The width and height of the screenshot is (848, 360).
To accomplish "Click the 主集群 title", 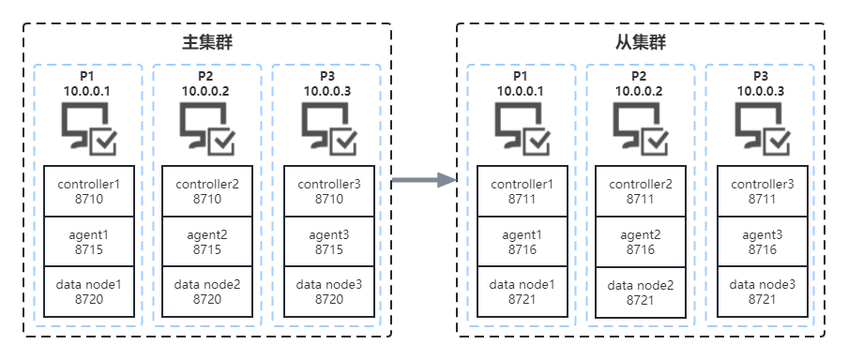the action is tap(207, 43).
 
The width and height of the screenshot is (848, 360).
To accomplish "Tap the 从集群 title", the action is tap(641, 43).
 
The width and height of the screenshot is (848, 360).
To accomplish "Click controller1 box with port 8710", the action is tap(89, 191).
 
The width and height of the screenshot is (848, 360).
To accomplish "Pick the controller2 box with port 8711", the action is tap(641, 191).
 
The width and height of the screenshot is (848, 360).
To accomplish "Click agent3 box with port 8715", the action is tap(329, 241).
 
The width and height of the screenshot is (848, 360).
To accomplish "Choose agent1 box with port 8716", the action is tap(522, 241).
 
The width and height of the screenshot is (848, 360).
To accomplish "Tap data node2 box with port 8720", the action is tap(207, 292).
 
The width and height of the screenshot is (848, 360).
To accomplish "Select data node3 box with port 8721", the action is tap(763, 292).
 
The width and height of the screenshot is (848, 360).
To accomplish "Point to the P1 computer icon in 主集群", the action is tap(88, 128).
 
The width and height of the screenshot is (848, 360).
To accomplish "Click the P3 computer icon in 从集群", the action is tap(762, 128).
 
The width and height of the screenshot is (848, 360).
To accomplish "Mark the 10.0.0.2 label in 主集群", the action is tap(206, 91).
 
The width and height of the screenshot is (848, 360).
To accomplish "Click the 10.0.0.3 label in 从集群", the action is tap(762, 91).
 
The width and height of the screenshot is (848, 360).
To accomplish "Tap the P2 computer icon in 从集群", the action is tap(641, 128).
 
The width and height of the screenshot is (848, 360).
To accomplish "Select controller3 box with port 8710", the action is tap(329, 191).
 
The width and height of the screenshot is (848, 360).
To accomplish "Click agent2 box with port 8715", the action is tap(207, 241).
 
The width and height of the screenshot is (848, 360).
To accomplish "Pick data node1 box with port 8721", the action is tap(522, 292).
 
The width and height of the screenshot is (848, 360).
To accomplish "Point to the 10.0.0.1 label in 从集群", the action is tap(522, 91).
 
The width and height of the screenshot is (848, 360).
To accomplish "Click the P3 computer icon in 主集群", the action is tap(329, 128).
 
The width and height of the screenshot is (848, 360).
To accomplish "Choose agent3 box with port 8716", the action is tap(763, 241).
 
